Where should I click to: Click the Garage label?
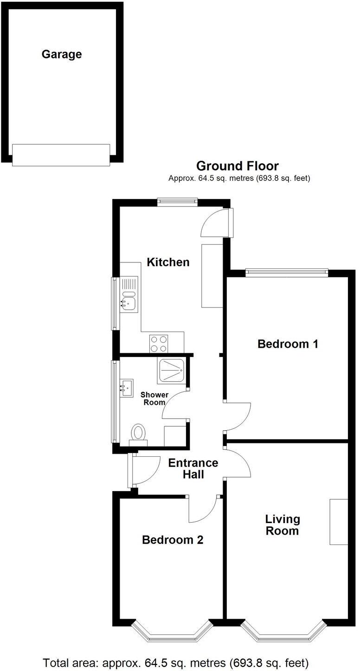62,54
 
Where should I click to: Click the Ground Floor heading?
237,166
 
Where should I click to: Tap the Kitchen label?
168,262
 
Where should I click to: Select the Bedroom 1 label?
288,344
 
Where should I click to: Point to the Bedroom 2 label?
173,540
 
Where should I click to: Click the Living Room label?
283,525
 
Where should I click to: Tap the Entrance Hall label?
193,468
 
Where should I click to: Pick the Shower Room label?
154,398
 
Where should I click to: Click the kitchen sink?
129,301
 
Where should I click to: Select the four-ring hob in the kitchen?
159,344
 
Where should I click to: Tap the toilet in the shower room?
138,434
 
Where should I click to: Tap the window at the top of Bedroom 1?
287,273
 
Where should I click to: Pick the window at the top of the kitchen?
177,202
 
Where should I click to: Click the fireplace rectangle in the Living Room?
339,522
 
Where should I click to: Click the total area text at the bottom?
176,662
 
